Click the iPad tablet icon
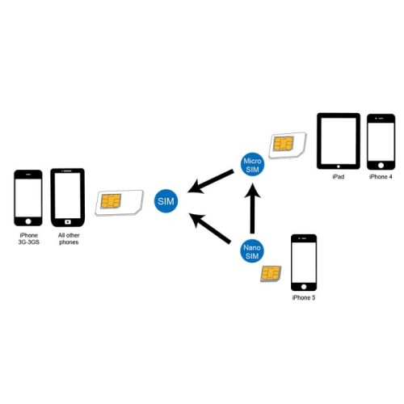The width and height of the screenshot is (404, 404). click(338, 140)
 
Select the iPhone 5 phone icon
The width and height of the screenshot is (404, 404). click(303, 262)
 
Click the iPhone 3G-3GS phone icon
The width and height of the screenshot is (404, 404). click(28, 198)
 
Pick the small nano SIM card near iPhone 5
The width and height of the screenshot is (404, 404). click(271, 275)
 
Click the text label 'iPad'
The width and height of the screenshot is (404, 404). click(338, 175)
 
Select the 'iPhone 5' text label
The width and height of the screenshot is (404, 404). click(303, 298)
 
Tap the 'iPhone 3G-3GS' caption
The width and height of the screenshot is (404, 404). click(28, 238)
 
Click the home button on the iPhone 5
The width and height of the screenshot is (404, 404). click(303, 285)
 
